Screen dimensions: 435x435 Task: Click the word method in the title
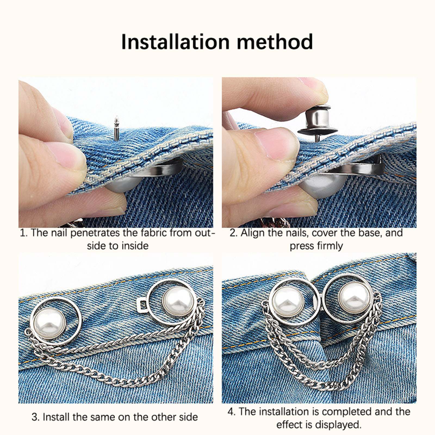[275, 42]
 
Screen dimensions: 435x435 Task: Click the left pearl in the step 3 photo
[49, 324]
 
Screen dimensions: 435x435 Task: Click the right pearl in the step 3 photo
[178, 302]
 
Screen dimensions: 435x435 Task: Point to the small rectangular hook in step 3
[142, 305]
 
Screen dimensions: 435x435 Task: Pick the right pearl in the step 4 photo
[355, 298]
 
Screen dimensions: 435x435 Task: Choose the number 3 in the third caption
[35, 417]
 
